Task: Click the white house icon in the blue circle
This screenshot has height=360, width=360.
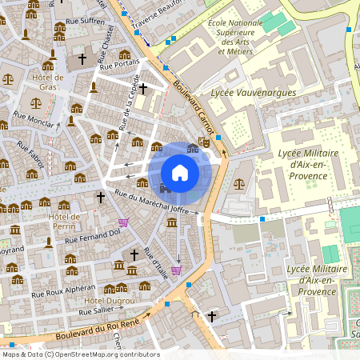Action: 180,172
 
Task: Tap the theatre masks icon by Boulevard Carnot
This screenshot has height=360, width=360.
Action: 204,141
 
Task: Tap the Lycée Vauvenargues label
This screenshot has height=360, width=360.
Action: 253,93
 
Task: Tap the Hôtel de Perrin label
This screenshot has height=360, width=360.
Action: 64,221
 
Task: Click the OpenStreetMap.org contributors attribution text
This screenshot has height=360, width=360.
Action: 108,354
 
